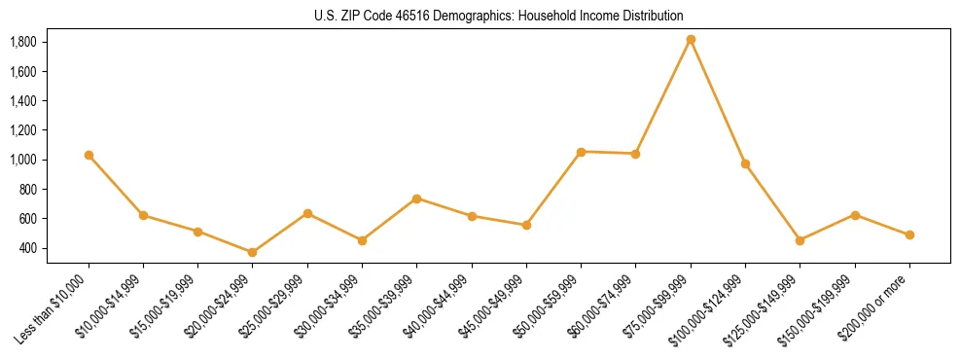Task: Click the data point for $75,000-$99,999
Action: pos(691,40)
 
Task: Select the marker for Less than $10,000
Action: pos(89,155)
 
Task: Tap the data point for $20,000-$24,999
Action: pos(253,252)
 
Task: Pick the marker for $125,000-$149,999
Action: pos(800,240)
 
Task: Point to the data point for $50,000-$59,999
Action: pos(581,152)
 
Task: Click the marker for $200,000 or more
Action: pos(909,234)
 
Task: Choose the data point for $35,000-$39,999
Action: pos(416,198)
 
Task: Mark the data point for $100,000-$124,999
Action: pos(745,163)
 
